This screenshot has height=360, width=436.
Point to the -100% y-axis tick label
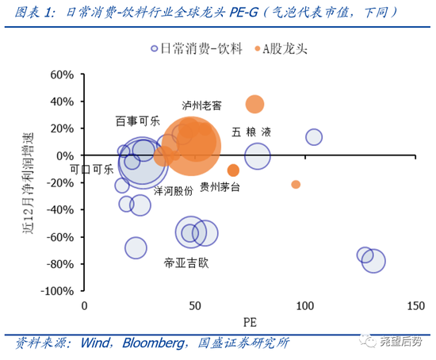click(x=57, y=291)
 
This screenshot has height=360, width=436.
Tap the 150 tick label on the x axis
click(x=414, y=306)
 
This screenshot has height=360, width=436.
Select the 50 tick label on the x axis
click(x=193, y=306)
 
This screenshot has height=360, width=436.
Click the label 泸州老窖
click(x=201, y=105)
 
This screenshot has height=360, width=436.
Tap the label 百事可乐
click(x=138, y=121)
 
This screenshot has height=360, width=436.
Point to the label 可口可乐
click(x=91, y=170)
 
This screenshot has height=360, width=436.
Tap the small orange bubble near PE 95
click(x=296, y=184)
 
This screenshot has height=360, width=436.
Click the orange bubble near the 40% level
click(x=254, y=104)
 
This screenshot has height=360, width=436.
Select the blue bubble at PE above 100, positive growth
click(x=314, y=136)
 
